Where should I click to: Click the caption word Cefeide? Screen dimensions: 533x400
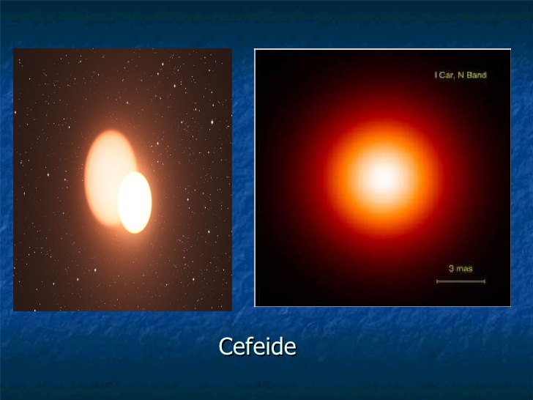(x=257, y=347)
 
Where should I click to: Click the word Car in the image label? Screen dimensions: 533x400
(x=446, y=75)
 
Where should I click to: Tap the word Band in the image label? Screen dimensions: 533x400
(x=477, y=75)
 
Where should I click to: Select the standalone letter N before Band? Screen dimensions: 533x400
(x=461, y=75)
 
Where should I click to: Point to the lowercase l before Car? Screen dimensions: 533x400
(x=436, y=75)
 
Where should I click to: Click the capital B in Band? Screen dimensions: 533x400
(x=469, y=75)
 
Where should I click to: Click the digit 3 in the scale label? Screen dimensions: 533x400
(x=451, y=268)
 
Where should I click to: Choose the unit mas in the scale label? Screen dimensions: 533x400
(x=465, y=269)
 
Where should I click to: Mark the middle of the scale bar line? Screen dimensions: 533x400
(x=461, y=281)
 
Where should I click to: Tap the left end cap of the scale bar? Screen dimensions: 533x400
(x=437, y=281)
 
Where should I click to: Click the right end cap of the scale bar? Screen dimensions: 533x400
(x=485, y=281)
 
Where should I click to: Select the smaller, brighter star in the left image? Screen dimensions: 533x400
(x=135, y=202)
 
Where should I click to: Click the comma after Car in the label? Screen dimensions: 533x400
(x=455, y=78)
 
